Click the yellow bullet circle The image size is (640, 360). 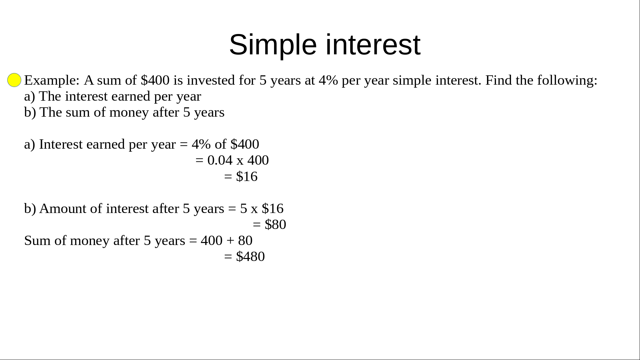pyautogui.click(x=14, y=80)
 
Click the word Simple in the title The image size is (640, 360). pyautogui.click(x=273, y=45)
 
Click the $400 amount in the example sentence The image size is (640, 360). pyautogui.click(x=155, y=80)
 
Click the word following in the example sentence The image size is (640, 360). pyautogui.click(x=567, y=80)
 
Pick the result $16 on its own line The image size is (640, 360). pyautogui.click(x=247, y=176)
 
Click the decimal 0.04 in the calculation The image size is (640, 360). pyautogui.click(x=220, y=160)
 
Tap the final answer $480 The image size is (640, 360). pyautogui.click(x=250, y=256)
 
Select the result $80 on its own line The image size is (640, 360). pyautogui.click(x=275, y=224)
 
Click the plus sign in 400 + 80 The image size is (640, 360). pyautogui.click(x=230, y=241)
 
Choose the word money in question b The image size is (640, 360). pyautogui.click(x=129, y=113)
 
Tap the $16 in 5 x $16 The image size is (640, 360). pyautogui.click(x=273, y=208)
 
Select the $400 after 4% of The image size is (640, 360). pyautogui.click(x=245, y=144)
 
